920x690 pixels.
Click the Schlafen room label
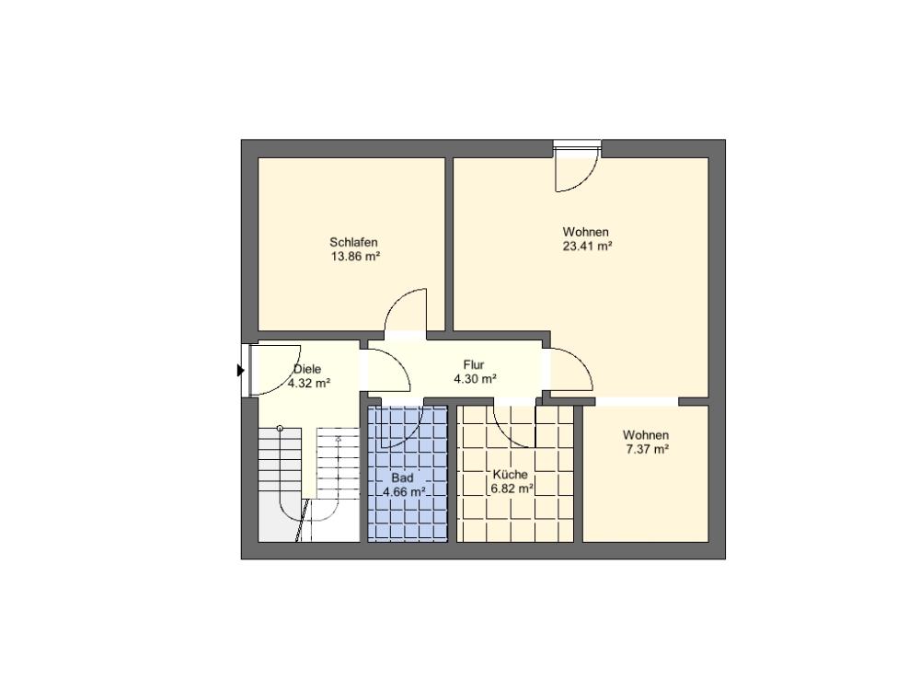pyautogui.click(x=353, y=242)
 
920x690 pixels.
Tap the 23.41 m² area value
pyautogui.click(x=587, y=247)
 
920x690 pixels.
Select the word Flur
pyautogui.click(x=474, y=365)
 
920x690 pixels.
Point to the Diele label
pyautogui.click(x=307, y=369)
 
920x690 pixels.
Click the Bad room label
pyautogui.click(x=402, y=477)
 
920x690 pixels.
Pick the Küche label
pyautogui.click(x=510, y=474)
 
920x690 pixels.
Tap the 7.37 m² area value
pyautogui.click(x=647, y=450)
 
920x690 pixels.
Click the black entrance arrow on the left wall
pyautogui.click(x=240, y=370)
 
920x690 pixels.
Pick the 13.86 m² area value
pyautogui.click(x=356, y=257)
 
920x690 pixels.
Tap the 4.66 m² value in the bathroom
pyautogui.click(x=404, y=492)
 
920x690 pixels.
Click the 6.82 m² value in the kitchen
pyautogui.click(x=512, y=489)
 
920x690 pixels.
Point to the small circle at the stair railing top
pyautogui.click(x=281, y=428)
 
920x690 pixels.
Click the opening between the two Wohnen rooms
pyautogui.click(x=637, y=401)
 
